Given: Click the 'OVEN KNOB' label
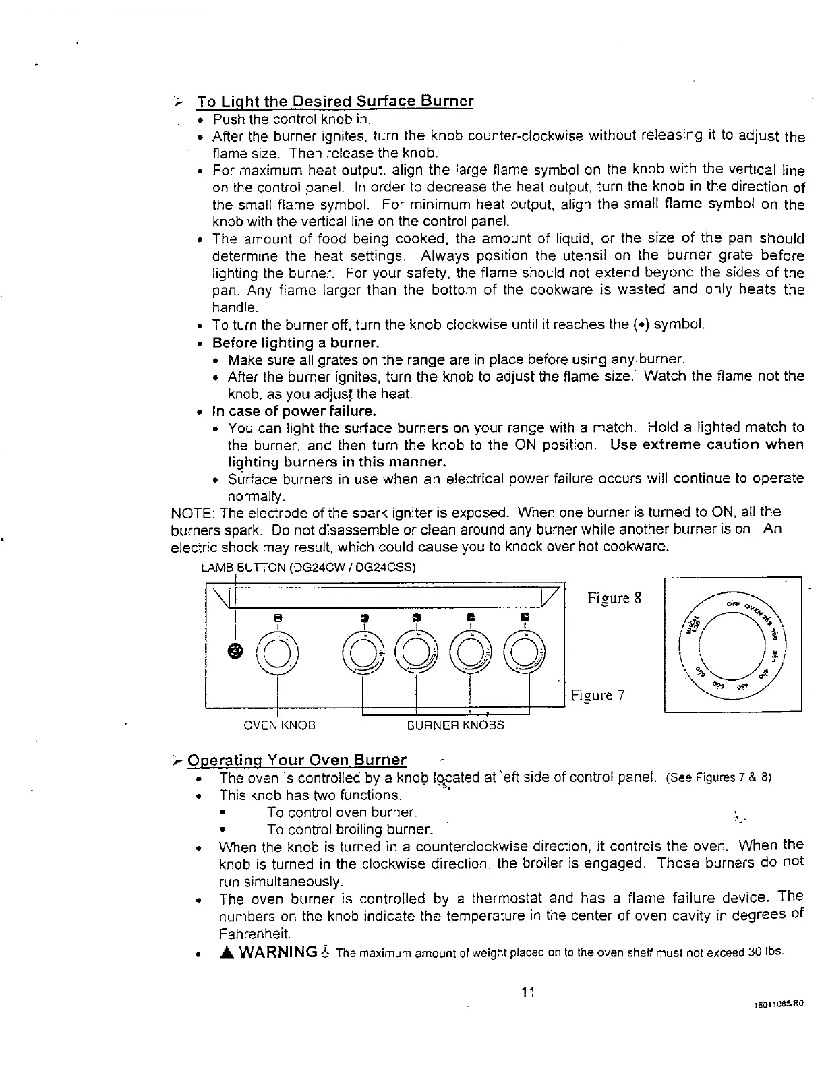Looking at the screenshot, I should (x=279, y=725).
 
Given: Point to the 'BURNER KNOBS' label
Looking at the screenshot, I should (x=455, y=725).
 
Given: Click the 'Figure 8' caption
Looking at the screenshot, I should (x=614, y=599).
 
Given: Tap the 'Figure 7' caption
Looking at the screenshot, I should (x=598, y=695).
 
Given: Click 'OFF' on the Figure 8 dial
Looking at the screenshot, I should (x=729, y=602).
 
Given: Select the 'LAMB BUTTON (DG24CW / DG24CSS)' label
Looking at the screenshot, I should (x=309, y=567).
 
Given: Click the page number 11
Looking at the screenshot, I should (x=528, y=992).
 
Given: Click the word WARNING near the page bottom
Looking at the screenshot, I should (x=278, y=952).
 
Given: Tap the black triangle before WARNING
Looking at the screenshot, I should (x=226, y=952).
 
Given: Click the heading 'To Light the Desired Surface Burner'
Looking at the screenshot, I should (x=335, y=102).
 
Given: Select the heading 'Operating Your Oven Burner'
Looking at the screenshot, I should (x=297, y=760).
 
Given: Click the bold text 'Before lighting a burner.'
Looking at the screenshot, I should (x=296, y=342).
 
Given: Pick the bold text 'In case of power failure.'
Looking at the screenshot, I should (x=294, y=411).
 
